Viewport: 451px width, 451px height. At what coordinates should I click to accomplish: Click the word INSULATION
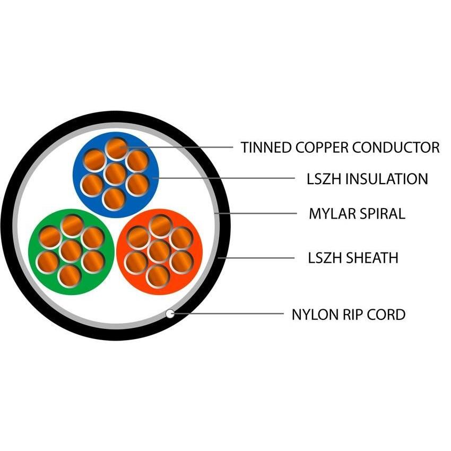tap(386, 179)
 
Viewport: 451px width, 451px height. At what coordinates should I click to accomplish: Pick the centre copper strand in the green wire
tap(70, 250)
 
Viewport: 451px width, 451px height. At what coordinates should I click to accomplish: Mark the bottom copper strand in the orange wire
tap(158, 276)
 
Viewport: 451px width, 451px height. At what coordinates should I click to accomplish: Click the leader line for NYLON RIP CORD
tap(228, 314)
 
